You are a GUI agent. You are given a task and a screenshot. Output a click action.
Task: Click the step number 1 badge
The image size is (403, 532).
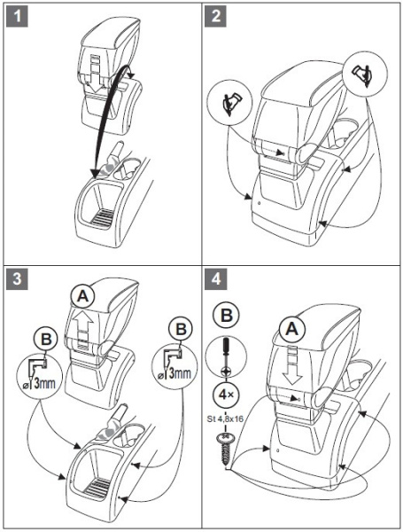(x=17, y=16)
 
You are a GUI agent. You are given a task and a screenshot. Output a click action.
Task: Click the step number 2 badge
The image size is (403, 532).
(x=215, y=16)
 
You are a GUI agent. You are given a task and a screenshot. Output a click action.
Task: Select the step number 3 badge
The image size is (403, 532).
(x=17, y=279)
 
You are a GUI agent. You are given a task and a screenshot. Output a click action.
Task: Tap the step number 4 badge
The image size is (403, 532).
(x=215, y=279)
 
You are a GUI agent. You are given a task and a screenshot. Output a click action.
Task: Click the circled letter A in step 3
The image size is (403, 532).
(x=82, y=297)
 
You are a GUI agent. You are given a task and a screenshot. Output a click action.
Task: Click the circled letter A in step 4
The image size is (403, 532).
(x=292, y=329)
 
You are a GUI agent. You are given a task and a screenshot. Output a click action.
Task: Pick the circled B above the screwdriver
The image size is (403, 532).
(x=226, y=315)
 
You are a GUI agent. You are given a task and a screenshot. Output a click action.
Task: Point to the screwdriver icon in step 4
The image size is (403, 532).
(x=226, y=357)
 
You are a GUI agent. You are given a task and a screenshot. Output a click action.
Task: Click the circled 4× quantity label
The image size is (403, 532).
(x=226, y=395)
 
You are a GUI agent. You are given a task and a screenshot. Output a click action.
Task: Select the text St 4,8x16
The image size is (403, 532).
(x=225, y=419)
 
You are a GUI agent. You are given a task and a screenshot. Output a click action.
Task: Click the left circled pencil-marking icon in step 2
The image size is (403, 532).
(x=231, y=102)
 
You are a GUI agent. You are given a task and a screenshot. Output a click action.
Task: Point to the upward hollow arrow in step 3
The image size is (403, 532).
(x=82, y=330)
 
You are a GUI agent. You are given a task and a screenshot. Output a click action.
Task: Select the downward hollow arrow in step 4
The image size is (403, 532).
(x=291, y=365)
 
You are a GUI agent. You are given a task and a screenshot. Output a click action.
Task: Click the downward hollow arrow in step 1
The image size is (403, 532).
(x=94, y=75)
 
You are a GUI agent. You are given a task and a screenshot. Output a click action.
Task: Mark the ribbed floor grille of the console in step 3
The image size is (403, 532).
(x=98, y=487)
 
